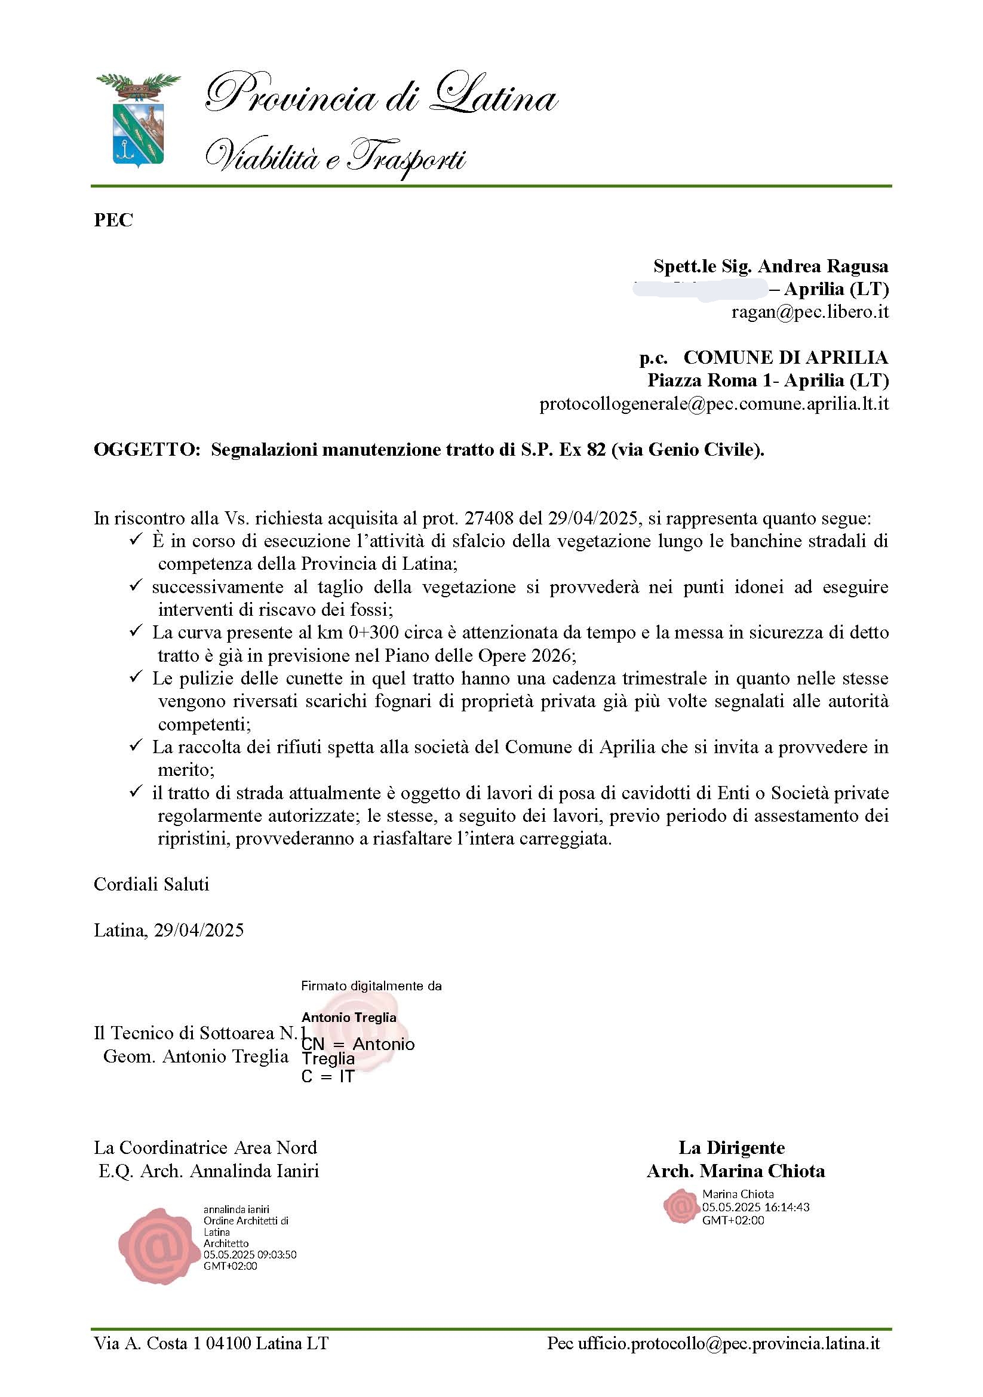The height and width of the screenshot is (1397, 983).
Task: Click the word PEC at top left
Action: pos(113,220)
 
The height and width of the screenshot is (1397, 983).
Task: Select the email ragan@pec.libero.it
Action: pos(810,312)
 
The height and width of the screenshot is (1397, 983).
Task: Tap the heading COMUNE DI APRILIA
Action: pos(785,357)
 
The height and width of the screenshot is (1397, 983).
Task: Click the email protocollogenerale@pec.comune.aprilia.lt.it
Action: pos(714,404)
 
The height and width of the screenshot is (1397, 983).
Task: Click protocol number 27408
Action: pos(489,518)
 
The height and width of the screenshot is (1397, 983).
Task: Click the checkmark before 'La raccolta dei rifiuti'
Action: pos(135,746)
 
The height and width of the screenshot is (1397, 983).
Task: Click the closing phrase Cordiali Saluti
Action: pos(152,884)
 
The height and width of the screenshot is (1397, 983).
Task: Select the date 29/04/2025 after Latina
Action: pos(199,931)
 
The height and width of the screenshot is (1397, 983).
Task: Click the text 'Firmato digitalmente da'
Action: pos(371,985)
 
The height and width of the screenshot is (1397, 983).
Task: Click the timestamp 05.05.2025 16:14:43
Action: pos(755,1207)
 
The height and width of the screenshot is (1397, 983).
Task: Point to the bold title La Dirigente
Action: pos(731,1148)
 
